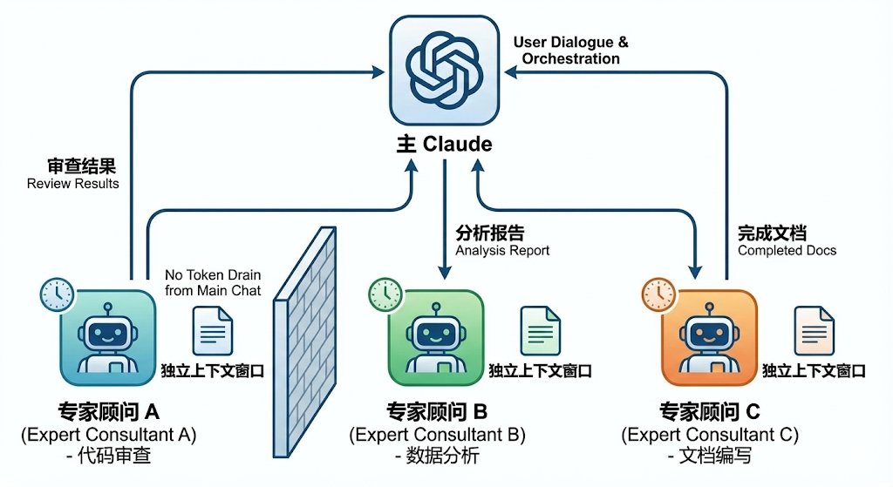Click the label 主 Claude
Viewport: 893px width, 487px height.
coord(445,144)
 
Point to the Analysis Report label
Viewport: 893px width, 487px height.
coord(502,241)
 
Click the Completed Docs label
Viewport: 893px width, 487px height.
coord(787,241)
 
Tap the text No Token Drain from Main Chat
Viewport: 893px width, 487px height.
coord(212,283)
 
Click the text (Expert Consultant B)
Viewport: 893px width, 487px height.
coord(437,434)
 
